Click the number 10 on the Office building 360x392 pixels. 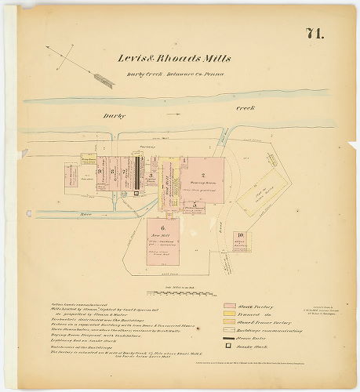pos(241,234)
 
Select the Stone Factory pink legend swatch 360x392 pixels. pos(231,306)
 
